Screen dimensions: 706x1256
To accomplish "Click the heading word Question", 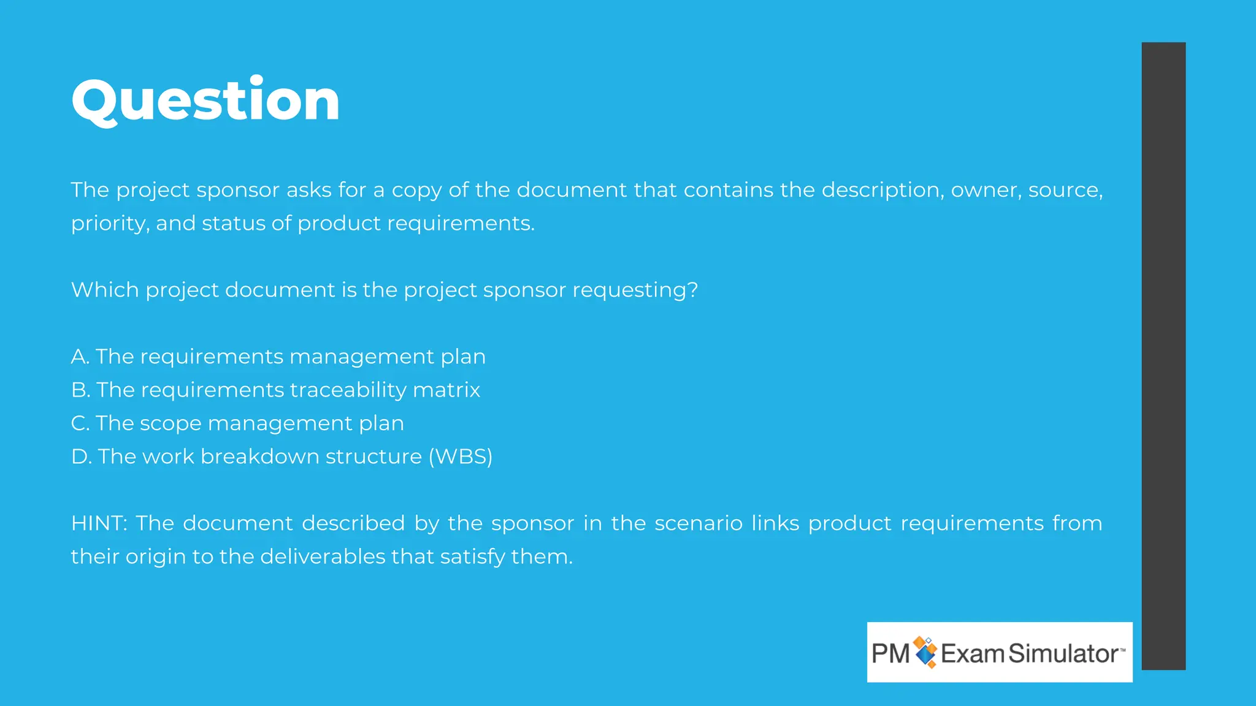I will [205, 101].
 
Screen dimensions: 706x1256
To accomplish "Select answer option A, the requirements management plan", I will [278, 357].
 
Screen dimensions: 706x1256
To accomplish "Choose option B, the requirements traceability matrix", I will [275, 390].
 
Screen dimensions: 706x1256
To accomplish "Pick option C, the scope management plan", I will [237, 423].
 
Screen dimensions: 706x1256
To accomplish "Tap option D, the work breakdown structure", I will [281, 457].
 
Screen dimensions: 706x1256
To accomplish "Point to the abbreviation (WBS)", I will [460, 457].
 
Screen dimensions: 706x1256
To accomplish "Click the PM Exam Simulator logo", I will [999, 652].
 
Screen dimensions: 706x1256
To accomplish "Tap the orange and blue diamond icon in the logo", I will [925, 651].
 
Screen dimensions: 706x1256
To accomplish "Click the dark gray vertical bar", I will [1163, 355].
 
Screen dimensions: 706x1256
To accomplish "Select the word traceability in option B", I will [348, 390].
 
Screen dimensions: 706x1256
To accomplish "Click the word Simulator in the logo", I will [1063, 653].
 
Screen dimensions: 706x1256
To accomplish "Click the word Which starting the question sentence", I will [105, 290].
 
